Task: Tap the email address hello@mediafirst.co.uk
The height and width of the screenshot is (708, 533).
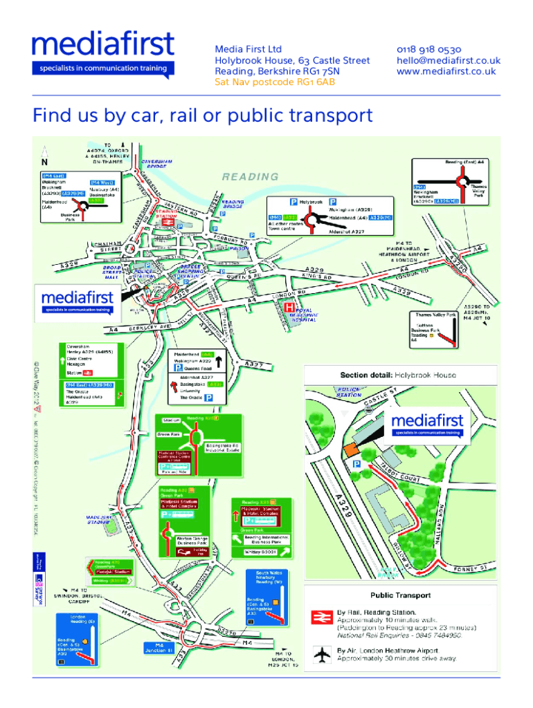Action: pos(448,60)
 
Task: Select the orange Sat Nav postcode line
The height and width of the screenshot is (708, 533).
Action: pos(275,82)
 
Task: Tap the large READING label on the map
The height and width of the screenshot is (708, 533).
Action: pos(250,176)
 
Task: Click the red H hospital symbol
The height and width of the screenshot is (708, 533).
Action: pos(290,306)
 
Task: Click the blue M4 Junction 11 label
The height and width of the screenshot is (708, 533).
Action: pos(159,648)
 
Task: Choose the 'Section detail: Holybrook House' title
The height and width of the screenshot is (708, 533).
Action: pos(398,375)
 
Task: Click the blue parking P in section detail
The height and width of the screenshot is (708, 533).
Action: pos(356,465)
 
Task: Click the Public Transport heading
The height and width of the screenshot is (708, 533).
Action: pos(400,595)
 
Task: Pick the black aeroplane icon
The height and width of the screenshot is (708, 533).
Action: pos(320,654)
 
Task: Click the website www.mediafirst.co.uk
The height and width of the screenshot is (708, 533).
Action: pos(446,71)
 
